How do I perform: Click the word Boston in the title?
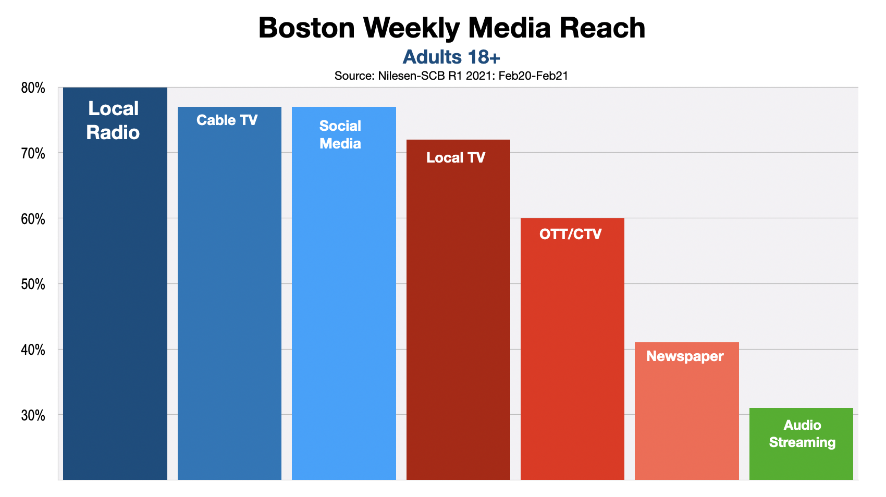pyautogui.click(x=306, y=28)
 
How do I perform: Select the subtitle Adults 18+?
pyautogui.click(x=451, y=57)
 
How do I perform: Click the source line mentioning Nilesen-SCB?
pyautogui.click(x=451, y=76)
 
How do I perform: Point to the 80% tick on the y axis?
pyautogui.click(x=33, y=88)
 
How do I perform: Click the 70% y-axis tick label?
pyautogui.click(x=33, y=154)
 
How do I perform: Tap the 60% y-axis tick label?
pyautogui.click(x=33, y=219)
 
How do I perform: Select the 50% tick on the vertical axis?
pyautogui.click(x=33, y=284)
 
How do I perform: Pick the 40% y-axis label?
pyautogui.click(x=33, y=350)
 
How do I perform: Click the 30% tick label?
pyautogui.click(x=33, y=416)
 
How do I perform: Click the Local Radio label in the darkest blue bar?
pyautogui.click(x=113, y=120)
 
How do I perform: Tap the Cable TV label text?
pyautogui.click(x=227, y=120)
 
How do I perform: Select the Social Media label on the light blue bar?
pyautogui.click(x=340, y=134)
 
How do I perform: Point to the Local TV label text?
pyautogui.click(x=456, y=158)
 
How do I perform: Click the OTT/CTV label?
pyautogui.click(x=570, y=234)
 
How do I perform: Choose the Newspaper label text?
pyautogui.click(x=685, y=356)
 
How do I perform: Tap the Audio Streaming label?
pyautogui.click(x=802, y=433)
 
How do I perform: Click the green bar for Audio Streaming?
pyautogui.click(x=801, y=464)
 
